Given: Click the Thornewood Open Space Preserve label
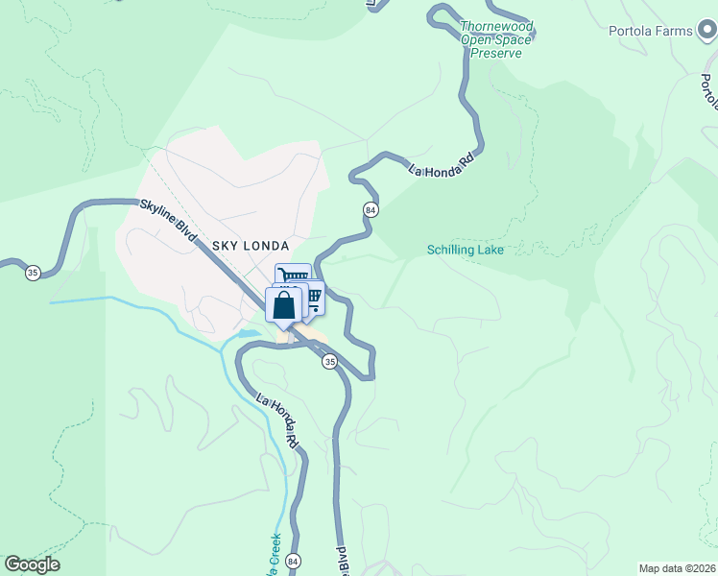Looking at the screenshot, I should [x=495, y=39].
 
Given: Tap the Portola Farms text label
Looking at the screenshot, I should [x=650, y=31].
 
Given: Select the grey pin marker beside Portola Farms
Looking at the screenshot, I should [x=707, y=32].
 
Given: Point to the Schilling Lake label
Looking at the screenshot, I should [x=466, y=251].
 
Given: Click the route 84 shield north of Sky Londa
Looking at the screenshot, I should [x=371, y=209].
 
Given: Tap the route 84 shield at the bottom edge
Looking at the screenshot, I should [x=294, y=561].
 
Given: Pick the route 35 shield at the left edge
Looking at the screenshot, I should [x=33, y=273].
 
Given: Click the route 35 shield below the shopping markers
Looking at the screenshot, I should [x=329, y=362].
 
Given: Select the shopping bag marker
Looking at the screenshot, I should [x=284, y=306].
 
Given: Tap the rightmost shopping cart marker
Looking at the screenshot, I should [x=312, y=298].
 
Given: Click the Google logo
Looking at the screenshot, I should [x=32, y=564].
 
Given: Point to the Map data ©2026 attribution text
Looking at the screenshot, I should [x=676, y=568].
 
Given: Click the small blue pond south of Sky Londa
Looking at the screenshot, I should [x=248, y=333].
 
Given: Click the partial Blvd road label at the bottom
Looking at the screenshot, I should [x=341, y=560].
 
